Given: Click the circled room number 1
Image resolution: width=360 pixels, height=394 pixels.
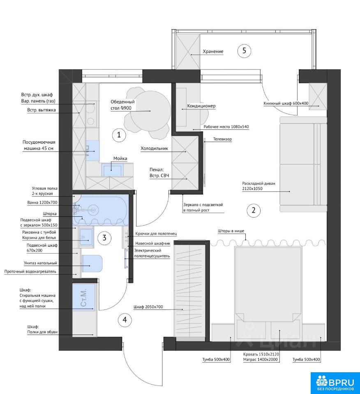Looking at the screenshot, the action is [x=119, y=135].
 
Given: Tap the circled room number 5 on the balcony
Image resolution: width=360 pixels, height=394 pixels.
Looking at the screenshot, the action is [x=244, y=51].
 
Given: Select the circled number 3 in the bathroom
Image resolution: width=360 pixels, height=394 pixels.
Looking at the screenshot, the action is [x=104, y=238].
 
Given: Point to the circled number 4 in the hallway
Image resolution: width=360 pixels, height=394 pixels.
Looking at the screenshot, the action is [x=125, y=320].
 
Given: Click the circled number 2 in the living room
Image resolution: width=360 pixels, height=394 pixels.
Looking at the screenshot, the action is [x=253, y=210].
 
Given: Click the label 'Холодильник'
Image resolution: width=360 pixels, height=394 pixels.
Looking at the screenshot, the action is [x=154, y=148].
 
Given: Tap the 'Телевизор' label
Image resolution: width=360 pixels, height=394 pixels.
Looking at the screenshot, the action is [x=222, y=139].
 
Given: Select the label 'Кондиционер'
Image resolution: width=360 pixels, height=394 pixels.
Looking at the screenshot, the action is [x=201, y=106].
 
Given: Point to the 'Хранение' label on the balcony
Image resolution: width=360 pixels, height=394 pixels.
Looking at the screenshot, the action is [x=213, y=52].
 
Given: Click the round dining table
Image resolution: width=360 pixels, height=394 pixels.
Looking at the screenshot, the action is [x=150, y=111].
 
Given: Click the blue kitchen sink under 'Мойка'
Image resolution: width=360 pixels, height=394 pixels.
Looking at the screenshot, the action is [x=113, y=170].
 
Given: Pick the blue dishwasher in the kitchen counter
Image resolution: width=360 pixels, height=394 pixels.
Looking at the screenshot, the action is [x=92, y=151].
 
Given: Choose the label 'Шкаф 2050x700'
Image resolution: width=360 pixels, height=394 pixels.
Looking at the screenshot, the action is [x=148, y=307].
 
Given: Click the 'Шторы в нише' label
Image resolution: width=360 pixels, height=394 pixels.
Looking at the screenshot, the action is [x=231, y=231].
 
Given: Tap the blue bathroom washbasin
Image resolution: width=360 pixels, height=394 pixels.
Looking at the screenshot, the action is [x=85, y=237].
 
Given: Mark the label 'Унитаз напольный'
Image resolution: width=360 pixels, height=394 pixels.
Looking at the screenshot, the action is [x=41, y=263].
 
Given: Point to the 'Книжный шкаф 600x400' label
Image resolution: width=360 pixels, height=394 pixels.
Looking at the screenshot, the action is [x=286, y=103].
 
